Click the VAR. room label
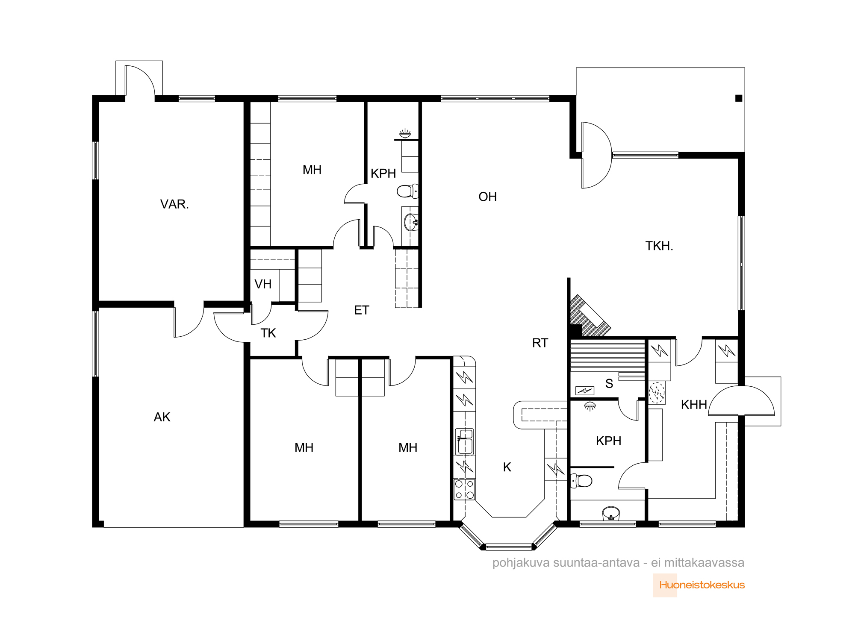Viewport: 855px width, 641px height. (x=174, y=204)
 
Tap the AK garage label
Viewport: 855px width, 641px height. (x=162, y=417)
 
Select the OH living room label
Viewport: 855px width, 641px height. (x=488, y=197)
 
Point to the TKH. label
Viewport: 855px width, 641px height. (x=659, y=246)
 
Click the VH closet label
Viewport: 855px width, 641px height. (x=263, y=284)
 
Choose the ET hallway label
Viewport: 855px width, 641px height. (x=362, y=310)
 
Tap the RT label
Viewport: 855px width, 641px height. (x=540, y=343)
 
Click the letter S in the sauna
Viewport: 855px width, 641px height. (x=609, y=384)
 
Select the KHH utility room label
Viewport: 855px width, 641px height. (x=694, y=405)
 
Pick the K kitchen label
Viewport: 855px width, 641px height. (x=507, y=467)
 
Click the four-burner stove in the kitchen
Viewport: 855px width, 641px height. (x=464, y=490)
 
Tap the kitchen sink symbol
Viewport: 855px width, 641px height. (x=465, y=441)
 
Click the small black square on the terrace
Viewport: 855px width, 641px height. (x=739, y=98)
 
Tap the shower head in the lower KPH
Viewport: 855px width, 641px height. (x=590, y=406)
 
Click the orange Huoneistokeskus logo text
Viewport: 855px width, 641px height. (x=702, y=585)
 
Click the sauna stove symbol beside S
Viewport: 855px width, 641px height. (x=585, y=391)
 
